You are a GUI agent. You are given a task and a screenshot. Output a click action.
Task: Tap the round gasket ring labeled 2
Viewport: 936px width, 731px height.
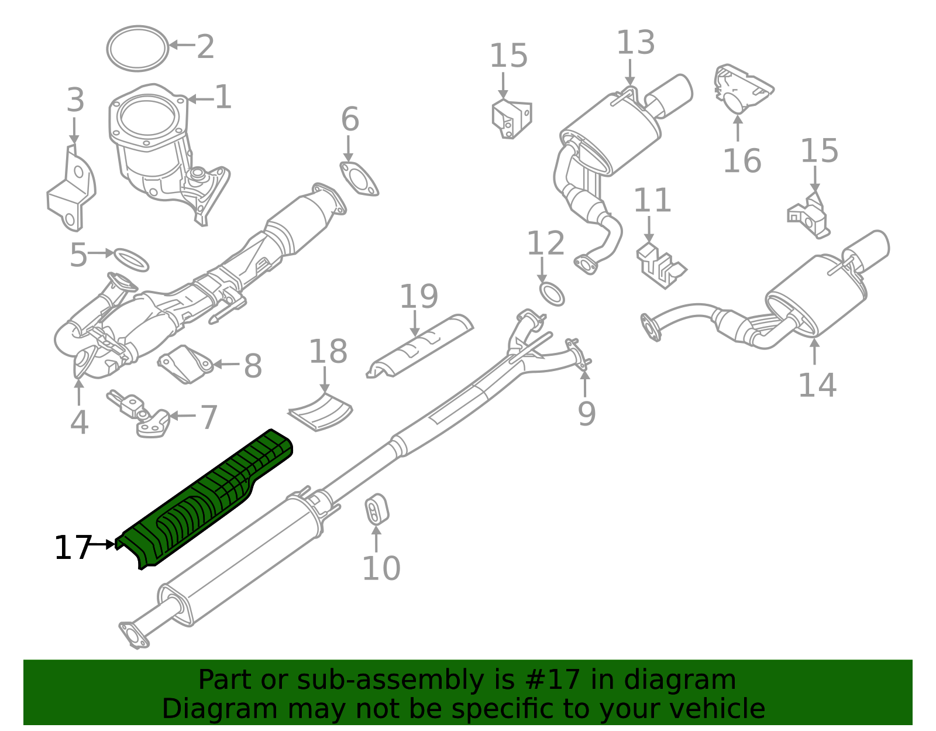(137, 49)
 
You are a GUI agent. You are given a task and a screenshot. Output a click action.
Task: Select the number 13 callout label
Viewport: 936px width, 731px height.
(635, 43)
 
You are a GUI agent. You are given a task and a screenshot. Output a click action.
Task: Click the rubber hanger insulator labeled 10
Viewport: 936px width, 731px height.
(377, 510)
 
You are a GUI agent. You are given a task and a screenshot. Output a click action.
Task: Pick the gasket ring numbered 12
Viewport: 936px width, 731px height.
(552, 294)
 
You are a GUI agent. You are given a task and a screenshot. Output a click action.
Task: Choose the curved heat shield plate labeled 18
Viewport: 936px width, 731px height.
(321, 413)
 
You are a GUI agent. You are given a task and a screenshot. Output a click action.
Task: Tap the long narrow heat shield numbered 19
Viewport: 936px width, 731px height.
(420, 347)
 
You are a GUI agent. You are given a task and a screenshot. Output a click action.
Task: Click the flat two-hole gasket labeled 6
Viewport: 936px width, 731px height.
(359, 179)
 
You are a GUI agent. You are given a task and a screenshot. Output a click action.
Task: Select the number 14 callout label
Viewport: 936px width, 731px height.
(817, 385)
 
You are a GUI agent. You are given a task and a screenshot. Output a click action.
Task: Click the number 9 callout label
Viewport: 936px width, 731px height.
(586, 413)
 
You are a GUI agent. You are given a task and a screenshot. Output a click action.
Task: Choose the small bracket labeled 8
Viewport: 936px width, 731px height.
(185, 364)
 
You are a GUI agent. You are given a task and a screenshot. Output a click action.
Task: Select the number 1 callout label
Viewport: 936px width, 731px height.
(223, 97)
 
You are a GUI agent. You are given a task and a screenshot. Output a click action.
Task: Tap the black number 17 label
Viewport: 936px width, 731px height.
(73, 548)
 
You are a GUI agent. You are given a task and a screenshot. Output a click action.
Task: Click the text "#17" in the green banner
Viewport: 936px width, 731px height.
(553, 680)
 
